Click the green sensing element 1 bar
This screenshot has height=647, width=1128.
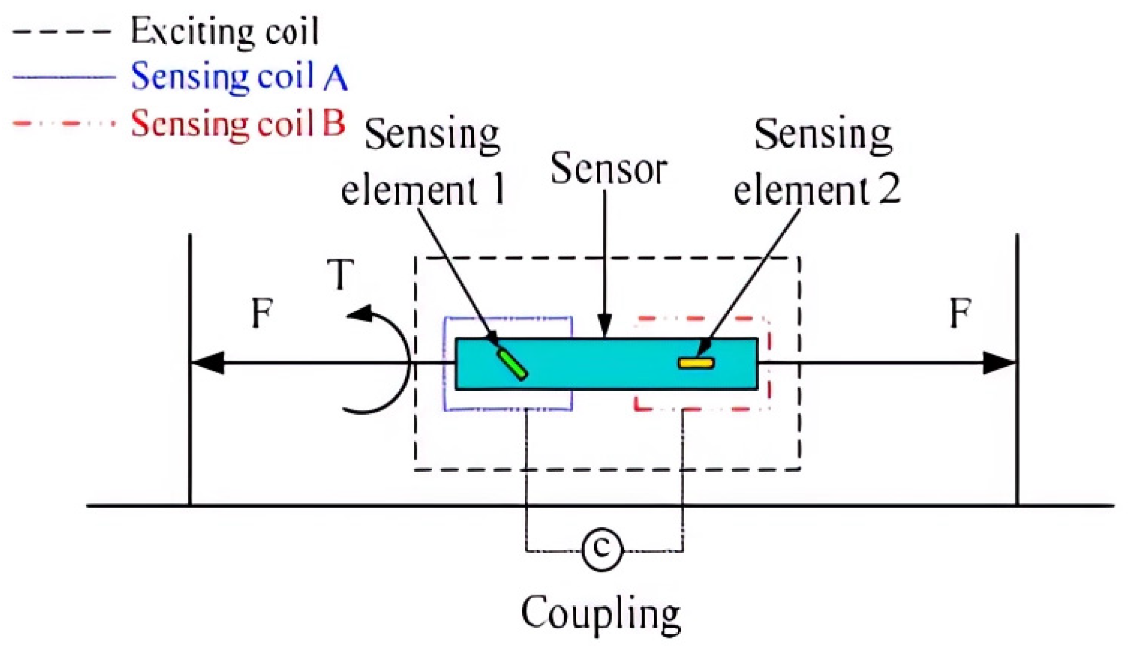(512, 364)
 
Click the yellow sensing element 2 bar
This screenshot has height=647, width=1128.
(695, 363)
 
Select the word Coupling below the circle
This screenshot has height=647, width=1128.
(600, 613)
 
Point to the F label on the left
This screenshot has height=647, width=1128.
(262, 313)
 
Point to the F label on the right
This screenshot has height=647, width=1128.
(960, 313)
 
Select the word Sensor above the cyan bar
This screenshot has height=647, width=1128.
(608, 169)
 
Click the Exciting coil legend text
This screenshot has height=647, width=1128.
(225, 31)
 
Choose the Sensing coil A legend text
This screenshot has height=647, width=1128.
(239, 77)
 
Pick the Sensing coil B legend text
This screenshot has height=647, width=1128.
(238, 123)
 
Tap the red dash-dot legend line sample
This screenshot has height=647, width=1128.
(64, 123)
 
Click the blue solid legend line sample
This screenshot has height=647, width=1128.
(64, 77)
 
